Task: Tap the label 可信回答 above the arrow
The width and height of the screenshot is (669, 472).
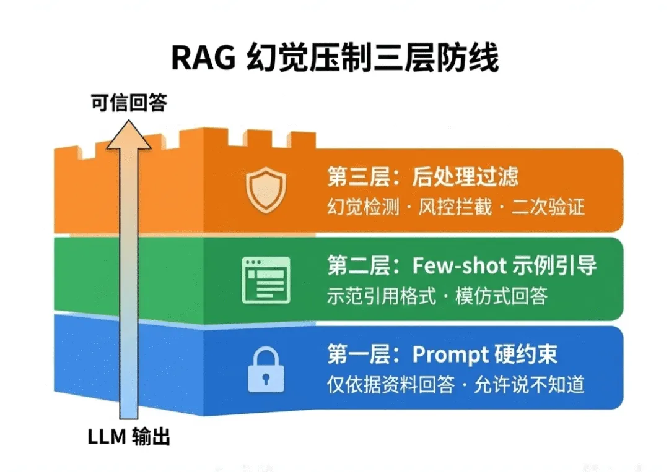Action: tap(129, 103)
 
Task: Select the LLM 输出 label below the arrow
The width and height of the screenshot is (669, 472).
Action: tap(128, 437)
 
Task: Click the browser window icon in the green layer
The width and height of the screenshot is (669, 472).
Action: tap(266, 279)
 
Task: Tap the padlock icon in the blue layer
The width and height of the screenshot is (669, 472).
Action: tap(266, 369)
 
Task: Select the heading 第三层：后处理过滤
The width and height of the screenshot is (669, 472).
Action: tap(422, 178)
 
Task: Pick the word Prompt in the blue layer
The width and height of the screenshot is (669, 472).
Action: tap(450, 354)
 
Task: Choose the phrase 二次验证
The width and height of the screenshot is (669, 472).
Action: tap(548, 207)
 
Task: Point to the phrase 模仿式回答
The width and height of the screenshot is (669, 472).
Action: tap(501, 296)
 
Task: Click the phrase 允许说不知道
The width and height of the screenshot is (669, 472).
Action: tap(529, 385)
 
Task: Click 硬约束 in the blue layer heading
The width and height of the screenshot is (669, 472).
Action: tap(527, 354)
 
